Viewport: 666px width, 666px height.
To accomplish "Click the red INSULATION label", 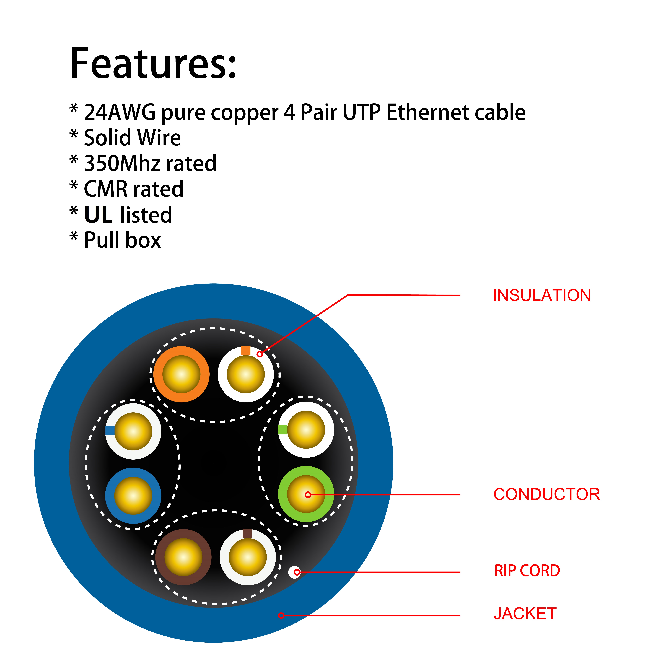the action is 542,295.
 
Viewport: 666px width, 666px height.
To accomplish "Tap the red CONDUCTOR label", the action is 547,494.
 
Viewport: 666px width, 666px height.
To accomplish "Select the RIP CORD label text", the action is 527,571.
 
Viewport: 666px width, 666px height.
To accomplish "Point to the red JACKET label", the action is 525,614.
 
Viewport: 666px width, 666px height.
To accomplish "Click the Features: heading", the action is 153,64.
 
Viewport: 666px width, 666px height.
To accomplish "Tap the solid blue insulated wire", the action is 133,496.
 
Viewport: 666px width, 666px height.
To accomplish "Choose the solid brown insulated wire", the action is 183,557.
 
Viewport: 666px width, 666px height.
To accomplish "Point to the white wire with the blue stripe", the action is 133,431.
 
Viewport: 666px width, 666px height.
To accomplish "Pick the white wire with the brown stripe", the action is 248,557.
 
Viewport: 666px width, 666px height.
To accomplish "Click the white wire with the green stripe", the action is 306,429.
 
